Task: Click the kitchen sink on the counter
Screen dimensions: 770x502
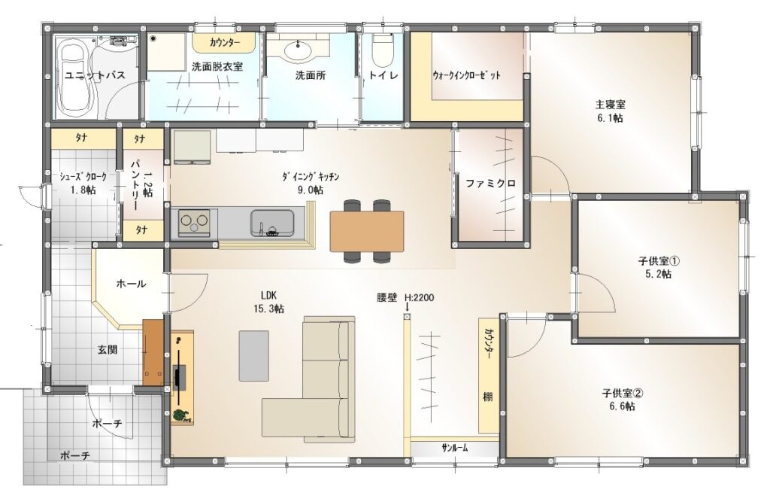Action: pos(272,224)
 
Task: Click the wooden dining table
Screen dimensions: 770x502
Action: pos(367,231)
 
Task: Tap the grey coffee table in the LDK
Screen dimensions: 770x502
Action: pos(254,355)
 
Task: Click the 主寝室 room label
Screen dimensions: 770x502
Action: pos(611,105)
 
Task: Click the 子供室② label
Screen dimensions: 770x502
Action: pos(623,394)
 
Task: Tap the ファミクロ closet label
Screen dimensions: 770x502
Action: pos(490,184)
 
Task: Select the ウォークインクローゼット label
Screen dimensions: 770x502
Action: pos(466,75)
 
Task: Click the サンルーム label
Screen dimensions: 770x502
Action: pos(454,448)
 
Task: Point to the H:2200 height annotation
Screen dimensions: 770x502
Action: pos(419,297)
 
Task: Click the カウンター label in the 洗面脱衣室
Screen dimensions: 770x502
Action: pos(225,43)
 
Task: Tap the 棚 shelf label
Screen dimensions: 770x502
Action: pos(487,397)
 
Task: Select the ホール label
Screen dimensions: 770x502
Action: pos(131,284)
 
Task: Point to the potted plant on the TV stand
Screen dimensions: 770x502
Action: pos(182,415)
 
